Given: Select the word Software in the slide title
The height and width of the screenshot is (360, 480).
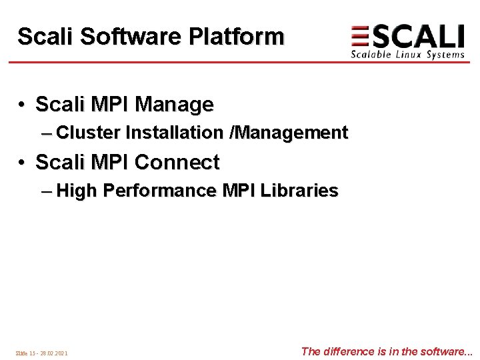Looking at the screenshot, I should tap(131, 37).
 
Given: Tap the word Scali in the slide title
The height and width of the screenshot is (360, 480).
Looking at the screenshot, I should tap(45, 37).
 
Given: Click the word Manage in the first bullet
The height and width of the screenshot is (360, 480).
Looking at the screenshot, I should tap(174, 105).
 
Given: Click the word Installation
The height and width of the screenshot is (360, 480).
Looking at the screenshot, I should tap(175, 133).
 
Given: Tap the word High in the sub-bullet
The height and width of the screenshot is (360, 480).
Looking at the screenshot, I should tap(77, 191).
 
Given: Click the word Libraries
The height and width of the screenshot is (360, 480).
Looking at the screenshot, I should tap(299, 191).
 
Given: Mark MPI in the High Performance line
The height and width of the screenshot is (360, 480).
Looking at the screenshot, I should tap(239, 191).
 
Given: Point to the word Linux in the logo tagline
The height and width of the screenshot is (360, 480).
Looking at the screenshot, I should tap(407, 55).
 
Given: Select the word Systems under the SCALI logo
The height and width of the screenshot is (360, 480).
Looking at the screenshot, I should tap(445, 55).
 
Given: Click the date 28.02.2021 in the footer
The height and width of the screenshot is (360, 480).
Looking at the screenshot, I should tap(54, 353).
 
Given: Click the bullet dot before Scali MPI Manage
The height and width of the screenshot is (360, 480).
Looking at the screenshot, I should tap(22, 105).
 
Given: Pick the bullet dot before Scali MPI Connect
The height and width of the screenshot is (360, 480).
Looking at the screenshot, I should tap(22, 163).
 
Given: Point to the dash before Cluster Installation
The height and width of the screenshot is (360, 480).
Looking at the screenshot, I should tap(46, 133).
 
